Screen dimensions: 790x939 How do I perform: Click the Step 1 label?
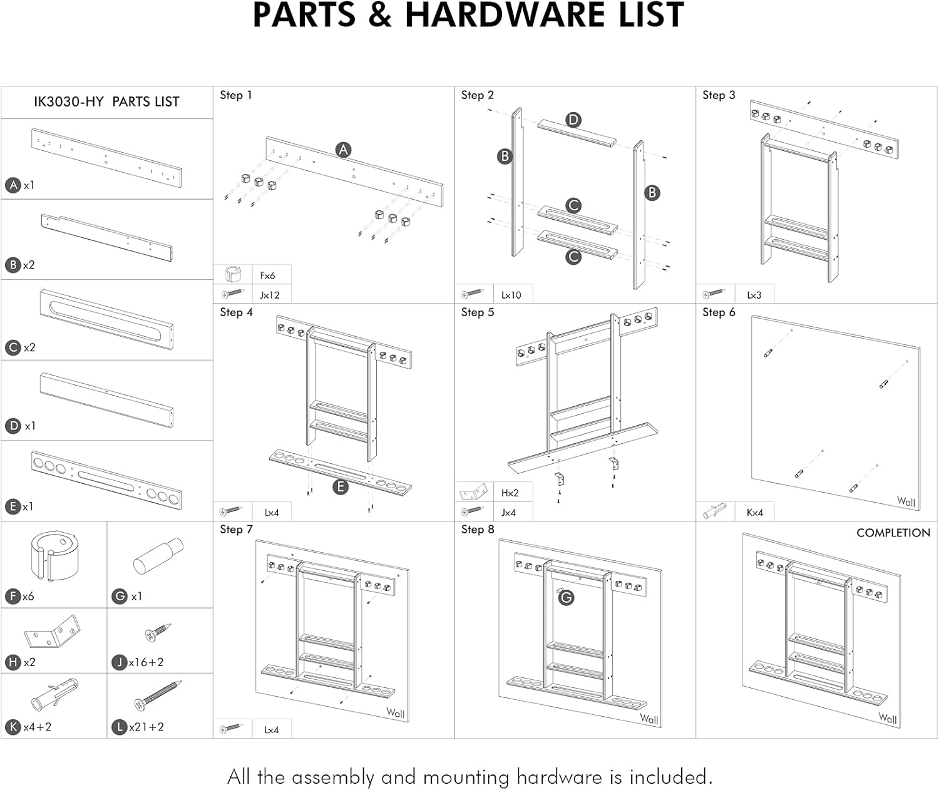point(235,95)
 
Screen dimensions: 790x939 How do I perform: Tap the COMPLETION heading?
point(893,533)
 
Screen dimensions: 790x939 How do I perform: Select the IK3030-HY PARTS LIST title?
point(106,102)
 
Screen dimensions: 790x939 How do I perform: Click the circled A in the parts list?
point(13,185)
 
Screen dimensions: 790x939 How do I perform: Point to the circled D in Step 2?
point(573,120)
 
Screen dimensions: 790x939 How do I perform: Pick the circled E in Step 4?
point(340,486)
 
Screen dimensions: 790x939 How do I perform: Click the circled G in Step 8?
point(566,598)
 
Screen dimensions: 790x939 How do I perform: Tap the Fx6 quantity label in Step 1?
point(267,275)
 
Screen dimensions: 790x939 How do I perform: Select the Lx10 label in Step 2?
point(511,295)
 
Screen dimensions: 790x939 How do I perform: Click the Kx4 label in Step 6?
point(754,513)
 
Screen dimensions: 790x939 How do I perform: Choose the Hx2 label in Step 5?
point(510,493)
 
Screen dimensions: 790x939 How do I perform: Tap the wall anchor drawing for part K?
point(54,695)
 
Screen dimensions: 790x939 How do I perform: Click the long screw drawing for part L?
point(158,695)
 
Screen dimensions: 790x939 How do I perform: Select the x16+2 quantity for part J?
point(146,662)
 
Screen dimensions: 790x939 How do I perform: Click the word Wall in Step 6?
point(905,501)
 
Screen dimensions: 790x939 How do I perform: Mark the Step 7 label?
point(236,530)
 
